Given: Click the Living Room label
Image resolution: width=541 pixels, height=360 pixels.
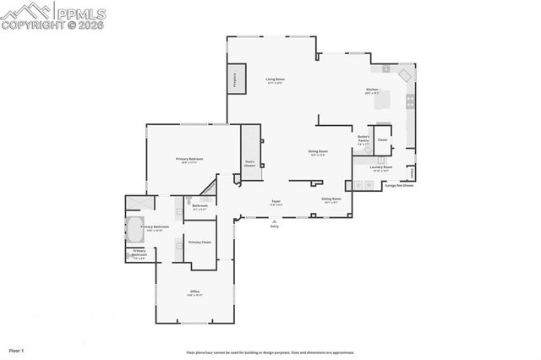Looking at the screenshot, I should [275, 80].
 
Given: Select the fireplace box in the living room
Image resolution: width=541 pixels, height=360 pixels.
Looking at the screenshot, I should [234, 79].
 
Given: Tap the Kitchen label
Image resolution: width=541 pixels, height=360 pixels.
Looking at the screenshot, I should [372, 90].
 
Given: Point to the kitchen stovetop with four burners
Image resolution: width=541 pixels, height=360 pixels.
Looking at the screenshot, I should [411, 100].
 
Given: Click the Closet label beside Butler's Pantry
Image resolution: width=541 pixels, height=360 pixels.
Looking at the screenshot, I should [382, 139].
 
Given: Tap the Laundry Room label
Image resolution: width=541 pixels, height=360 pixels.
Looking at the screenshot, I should [380, 168].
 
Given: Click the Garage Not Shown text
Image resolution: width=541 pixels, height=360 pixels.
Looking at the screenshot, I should [399, 185].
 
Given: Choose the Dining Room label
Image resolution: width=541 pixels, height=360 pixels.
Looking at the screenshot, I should [317, 153].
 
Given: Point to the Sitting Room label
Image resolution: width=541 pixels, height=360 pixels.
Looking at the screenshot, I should [331, 199].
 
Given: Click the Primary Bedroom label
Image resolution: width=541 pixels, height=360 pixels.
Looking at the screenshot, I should [189, 160].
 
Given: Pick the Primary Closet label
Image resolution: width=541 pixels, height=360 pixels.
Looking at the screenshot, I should [199, 243].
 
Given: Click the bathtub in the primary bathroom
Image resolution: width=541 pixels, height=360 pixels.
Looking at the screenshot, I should [136, 227].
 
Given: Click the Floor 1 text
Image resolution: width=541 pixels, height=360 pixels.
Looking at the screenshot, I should [16, 349].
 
